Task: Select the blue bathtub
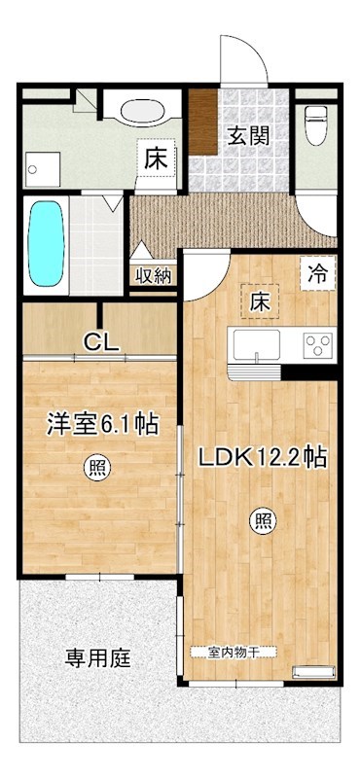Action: [x=45, y=243]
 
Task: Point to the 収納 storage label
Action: [x=154, y=275]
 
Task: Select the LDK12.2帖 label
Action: [x=263, y=456]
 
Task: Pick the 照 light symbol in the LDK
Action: [x=264, y=520]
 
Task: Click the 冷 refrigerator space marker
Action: [x=318, y=273]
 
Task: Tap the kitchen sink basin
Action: [x=254, y=344]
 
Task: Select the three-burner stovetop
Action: [x=318, y=343]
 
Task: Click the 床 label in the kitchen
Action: [x=261, y=301]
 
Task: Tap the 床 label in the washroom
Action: [x=156, y=159]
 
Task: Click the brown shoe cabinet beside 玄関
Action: [x=203, y=121]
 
